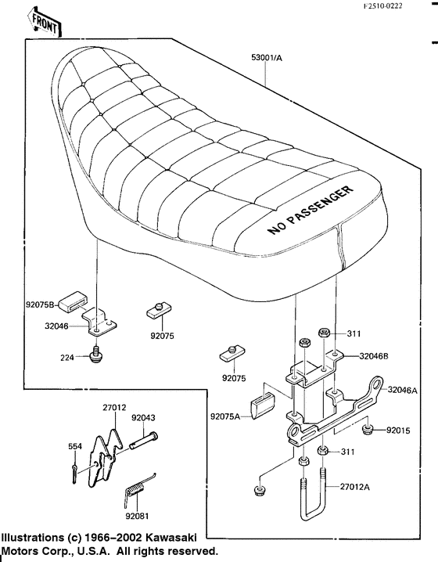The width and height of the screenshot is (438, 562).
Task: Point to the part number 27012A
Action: click(354, 486)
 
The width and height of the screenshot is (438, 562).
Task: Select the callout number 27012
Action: click(114, 406)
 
